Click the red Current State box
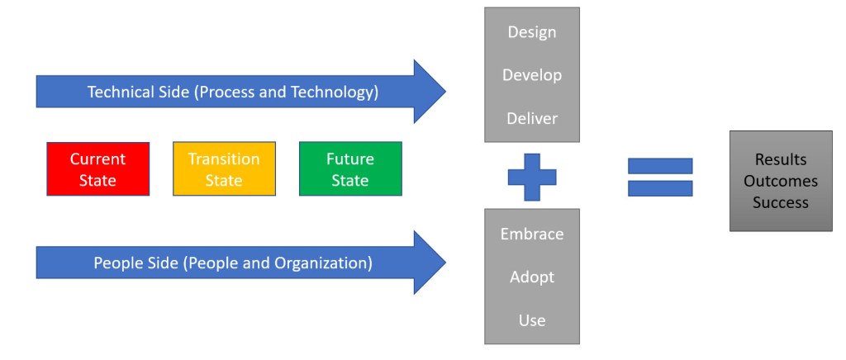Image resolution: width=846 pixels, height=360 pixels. [97, 169]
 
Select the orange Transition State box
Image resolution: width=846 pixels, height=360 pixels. [224, 169]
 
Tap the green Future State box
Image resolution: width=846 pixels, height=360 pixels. [350, 169]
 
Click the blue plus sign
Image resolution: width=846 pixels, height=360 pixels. [531, 177]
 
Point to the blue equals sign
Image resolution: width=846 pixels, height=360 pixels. [660, 177]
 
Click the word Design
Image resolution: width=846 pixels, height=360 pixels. [531, 32]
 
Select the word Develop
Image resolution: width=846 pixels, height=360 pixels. [531, 75]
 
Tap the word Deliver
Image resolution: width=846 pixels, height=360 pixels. [531, 118]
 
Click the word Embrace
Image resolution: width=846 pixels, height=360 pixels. [531, 234]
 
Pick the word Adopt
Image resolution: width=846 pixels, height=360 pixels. [531, 277]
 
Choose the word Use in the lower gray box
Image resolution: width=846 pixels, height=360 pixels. [531, 320]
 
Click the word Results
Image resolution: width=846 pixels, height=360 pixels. [780, 159]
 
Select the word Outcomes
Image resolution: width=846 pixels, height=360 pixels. [780, 181]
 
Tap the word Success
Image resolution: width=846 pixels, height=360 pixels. [780, 202]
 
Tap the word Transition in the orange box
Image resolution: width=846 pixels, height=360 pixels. [224, 159]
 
